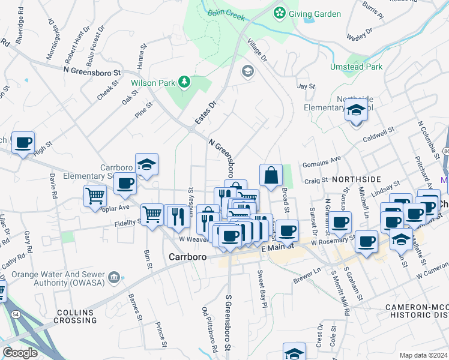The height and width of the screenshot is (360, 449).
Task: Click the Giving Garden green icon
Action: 279,13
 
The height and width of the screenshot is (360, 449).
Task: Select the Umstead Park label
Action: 356,67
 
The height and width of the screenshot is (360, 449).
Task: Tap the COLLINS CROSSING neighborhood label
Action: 76,316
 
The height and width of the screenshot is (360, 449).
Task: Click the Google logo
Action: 20,352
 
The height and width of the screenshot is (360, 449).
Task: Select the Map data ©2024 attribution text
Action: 423,355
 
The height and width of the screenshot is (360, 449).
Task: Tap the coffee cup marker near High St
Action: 23,143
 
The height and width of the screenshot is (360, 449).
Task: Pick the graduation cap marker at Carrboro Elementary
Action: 146,164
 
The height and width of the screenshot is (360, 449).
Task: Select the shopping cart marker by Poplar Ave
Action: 95,196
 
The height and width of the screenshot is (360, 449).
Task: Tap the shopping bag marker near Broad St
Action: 271,175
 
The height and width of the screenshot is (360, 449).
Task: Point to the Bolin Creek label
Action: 226,15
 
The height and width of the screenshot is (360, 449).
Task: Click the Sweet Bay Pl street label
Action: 262,289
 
